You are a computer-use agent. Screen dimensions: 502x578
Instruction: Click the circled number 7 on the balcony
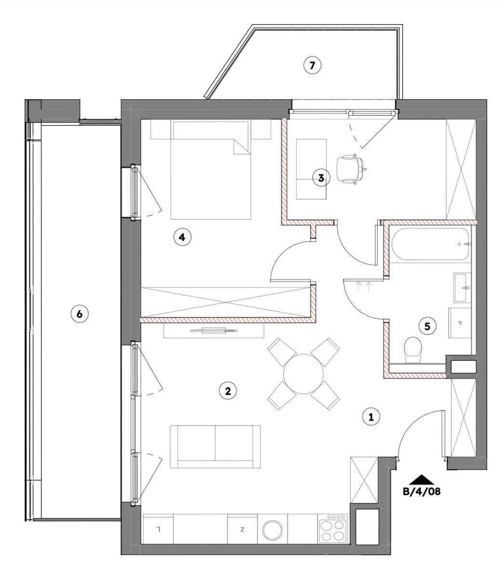click(312, 66)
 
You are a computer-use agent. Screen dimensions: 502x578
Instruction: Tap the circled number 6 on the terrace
click(79, 314)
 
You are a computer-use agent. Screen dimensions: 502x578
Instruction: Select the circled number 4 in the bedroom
click(182, 237)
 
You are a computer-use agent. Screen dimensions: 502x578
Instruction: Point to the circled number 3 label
click(321, 178)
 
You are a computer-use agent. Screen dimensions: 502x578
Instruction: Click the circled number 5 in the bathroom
click(427, 327)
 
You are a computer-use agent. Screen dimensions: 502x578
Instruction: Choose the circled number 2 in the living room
click(228, 391)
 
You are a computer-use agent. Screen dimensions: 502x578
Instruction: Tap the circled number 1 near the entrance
click(371, 417)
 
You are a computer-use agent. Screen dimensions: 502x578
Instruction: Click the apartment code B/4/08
click(422, 492)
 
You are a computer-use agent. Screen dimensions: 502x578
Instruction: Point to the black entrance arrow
click(422, 479)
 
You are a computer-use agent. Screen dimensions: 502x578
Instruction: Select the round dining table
click(304, 374)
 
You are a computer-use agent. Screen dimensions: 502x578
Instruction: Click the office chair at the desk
click(351, 169)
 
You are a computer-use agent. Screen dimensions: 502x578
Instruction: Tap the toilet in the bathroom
click(413, 350)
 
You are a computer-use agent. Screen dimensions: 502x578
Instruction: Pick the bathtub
click(431, 244)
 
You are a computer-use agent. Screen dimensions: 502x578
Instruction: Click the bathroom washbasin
click(462, 288)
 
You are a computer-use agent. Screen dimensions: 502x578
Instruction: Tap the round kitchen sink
click(272, 530)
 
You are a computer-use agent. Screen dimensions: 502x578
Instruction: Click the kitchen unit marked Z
click(242, 528)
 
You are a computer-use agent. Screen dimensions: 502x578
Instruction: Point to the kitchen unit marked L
click(159, 528)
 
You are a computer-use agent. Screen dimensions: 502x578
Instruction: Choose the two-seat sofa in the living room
click(215, 447)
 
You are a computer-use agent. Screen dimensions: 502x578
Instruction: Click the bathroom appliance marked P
click(460, 323)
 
